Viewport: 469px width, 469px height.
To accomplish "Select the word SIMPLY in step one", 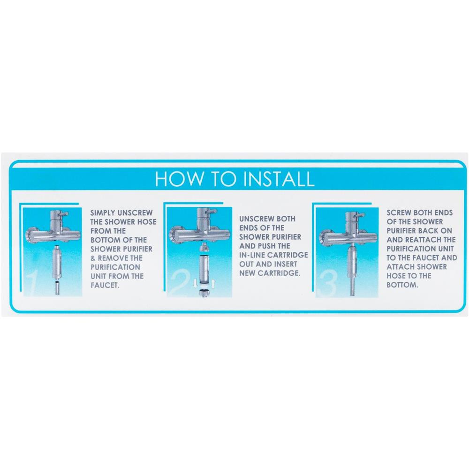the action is pyautogui.click(x=103, y=213).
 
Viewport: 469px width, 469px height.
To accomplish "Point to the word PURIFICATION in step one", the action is pyautogui.click(x=115, y=267).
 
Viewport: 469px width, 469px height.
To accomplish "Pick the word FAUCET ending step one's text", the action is pyautogui.click(x=105, y=285).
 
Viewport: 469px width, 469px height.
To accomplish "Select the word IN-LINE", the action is pyautogui.click(x=252, y=255).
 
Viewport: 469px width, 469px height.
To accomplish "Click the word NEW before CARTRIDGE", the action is pyautogui.click(x=247, y=273).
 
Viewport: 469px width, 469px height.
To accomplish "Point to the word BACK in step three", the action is pyautogui.click(x=429, y=231).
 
